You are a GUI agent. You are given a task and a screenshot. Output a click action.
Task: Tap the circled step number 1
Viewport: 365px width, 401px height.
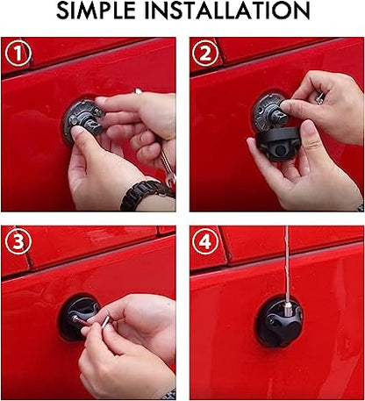pyautogui.click(x=18, y=54)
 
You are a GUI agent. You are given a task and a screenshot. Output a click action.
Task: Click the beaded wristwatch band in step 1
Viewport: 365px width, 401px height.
pyautogui.click(x=146, y=195)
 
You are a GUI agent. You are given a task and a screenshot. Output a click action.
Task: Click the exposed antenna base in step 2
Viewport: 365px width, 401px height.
pyautogui.click(x=267, y=112)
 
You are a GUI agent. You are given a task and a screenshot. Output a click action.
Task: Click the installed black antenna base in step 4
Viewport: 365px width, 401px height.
pyautogui.click(x=278, y=322)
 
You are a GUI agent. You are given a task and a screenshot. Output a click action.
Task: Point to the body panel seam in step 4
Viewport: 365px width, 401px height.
pyautogui.click(x=263, y=263)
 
